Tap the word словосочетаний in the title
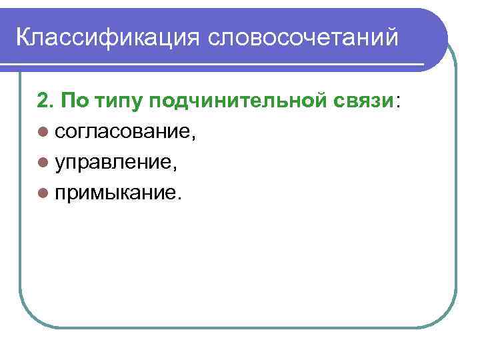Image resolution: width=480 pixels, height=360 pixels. click(305, 37)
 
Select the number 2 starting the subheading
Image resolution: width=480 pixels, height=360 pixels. click(43, 101)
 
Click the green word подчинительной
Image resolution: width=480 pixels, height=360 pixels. click(243, 102)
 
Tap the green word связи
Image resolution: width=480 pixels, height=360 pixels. click(365, 102)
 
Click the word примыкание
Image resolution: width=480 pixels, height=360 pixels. click(116, 193)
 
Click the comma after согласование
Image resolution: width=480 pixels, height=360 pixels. click(194, 138)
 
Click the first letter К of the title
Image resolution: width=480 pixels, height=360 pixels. click(22, 37)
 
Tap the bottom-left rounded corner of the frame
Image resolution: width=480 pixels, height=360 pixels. click(30, 317)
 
